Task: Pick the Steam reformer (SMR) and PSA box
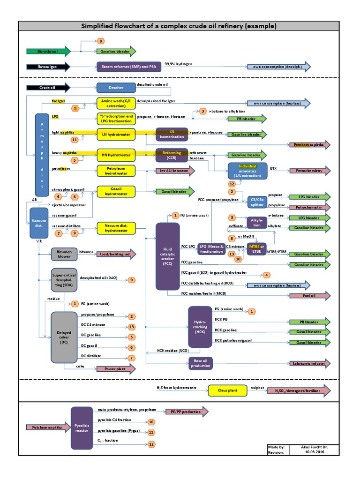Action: point(129,67)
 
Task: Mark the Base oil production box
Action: point(200,364)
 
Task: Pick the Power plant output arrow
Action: point(116,369)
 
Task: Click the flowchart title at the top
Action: point(180,26)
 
